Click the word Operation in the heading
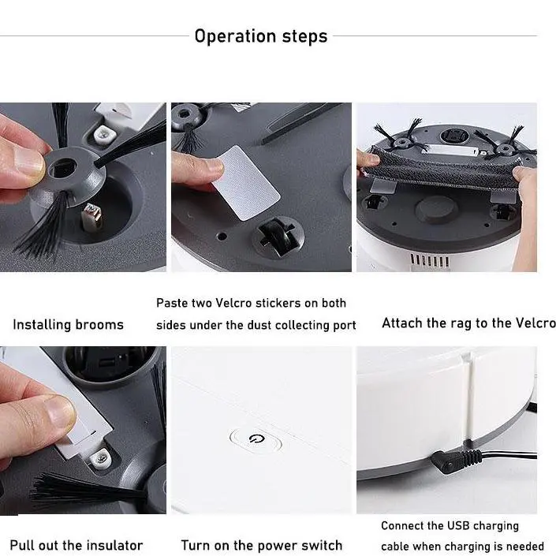[236, 36]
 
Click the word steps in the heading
[304, 36]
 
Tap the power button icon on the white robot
[256, 439]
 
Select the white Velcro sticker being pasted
[246, 183]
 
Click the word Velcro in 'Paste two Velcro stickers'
[233, 303]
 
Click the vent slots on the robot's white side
[429, 260]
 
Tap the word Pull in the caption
[21, 545]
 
